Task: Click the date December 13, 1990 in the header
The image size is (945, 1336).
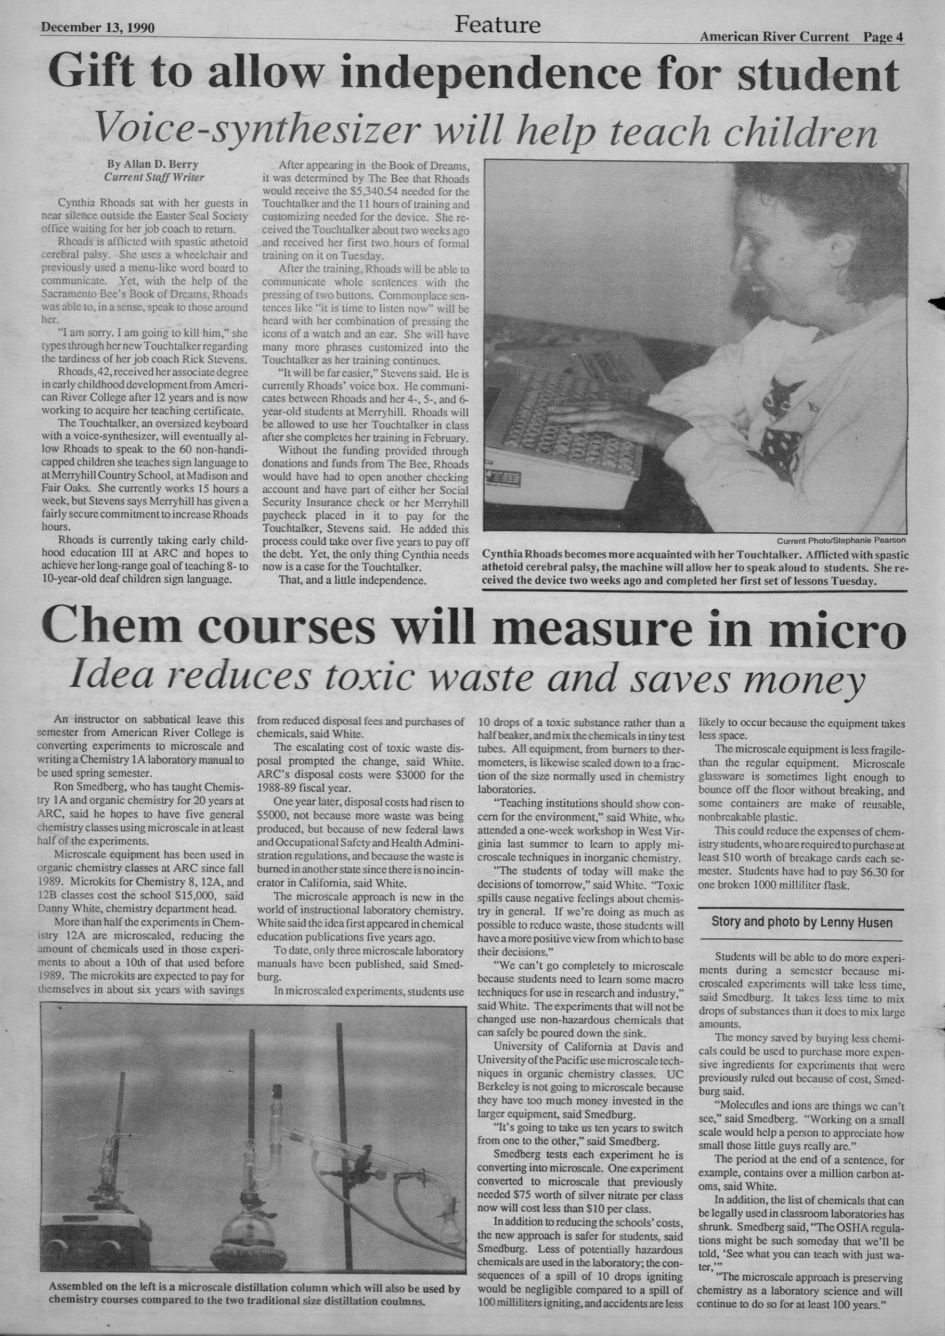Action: [98, 28]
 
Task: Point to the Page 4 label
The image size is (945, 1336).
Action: [883, 37]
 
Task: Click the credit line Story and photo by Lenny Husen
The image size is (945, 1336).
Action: [801, 923]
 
